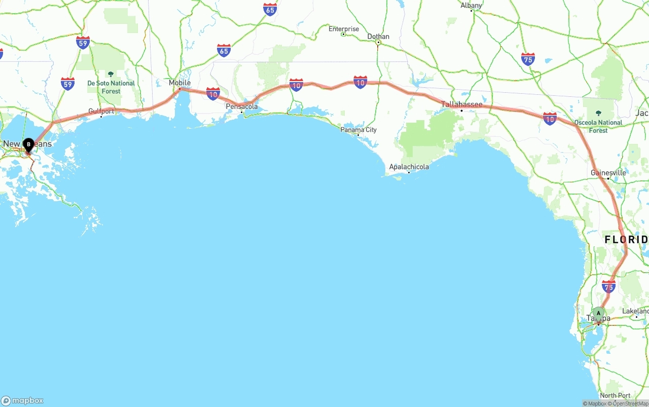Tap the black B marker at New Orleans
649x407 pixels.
tap(28, 145)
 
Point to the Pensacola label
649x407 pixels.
tap(242, 106)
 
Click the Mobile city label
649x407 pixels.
tap(179, 83)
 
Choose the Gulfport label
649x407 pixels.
tap(101, 111)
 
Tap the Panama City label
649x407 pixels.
tap(358, 130)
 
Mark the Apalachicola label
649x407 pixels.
tap(409, 167)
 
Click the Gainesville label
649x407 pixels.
tap(608, 173)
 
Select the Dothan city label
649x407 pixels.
tap(378, 36)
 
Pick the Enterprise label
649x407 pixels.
tap(343, 29)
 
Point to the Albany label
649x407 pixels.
tap(471, 6)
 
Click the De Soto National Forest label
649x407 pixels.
tap(111, 87)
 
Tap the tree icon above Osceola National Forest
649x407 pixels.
tap(598, 114)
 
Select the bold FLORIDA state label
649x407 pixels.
tap(626, 239)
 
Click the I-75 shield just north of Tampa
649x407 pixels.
tap(608, 286)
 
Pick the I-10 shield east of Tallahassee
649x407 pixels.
tap(550, 119)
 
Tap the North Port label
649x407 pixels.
tap(615, 395)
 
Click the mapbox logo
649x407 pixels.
tap(22, 400)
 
